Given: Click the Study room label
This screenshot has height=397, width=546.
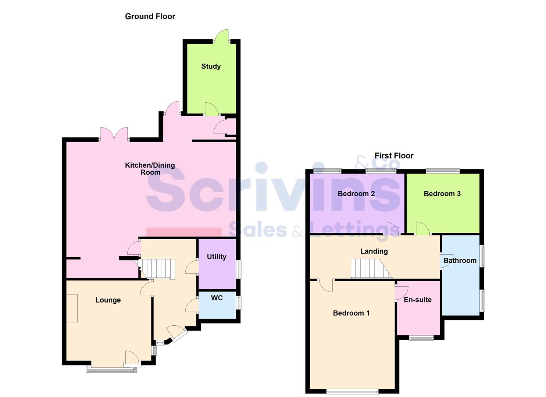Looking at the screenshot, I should pos(211,67).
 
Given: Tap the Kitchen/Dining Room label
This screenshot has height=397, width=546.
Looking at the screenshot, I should pos(150,169).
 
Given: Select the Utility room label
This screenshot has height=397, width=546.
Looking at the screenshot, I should pos(217,257).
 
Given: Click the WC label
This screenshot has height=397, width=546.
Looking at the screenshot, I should pos(217,298).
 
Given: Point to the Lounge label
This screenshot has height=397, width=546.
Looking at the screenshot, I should pos(108,300).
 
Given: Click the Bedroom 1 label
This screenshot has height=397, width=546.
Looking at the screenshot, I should pos(351,313).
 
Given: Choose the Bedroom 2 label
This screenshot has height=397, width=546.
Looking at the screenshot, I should pos(356,194).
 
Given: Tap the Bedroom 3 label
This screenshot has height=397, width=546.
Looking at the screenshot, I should pos(442,194).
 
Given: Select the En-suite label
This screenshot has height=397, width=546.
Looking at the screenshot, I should pos(418,300).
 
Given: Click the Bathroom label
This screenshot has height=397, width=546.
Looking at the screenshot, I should pos(460,261).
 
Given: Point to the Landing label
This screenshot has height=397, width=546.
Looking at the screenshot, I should pos(374,251).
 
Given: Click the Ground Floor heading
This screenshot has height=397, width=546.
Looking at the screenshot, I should pos(150,16).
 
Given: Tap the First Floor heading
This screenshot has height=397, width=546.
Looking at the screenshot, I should pos(394,155).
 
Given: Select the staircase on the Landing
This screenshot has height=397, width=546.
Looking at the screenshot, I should pos(369,269).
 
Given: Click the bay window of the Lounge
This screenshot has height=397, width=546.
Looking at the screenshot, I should pos(111,369).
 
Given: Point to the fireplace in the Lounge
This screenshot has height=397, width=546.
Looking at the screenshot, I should pos(72,308).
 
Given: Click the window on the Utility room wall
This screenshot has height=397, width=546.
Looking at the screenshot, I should pos(239,269).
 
